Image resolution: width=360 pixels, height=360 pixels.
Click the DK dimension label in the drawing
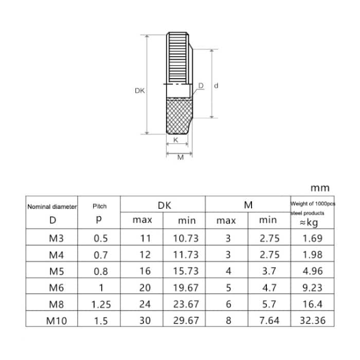coord(139,91)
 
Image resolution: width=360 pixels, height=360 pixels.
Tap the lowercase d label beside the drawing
coord(216,85)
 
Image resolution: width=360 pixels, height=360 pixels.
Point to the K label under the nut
coord(175,140)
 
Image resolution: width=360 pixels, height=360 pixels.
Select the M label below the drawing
coord(180,157)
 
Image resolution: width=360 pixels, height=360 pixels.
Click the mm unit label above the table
coord(320,188)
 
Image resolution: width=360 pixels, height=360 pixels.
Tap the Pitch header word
coord(99,206)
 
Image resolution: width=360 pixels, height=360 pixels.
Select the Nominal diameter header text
coord(51,206)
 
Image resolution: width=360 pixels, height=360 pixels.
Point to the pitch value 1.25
coord(101,304)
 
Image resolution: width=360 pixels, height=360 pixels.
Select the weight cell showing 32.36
coord(313,321)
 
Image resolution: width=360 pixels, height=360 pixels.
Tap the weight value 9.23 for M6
coord(313,287)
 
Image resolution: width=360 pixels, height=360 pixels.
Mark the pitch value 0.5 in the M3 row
coord(101,238)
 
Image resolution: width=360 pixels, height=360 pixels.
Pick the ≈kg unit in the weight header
coord(313,222)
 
